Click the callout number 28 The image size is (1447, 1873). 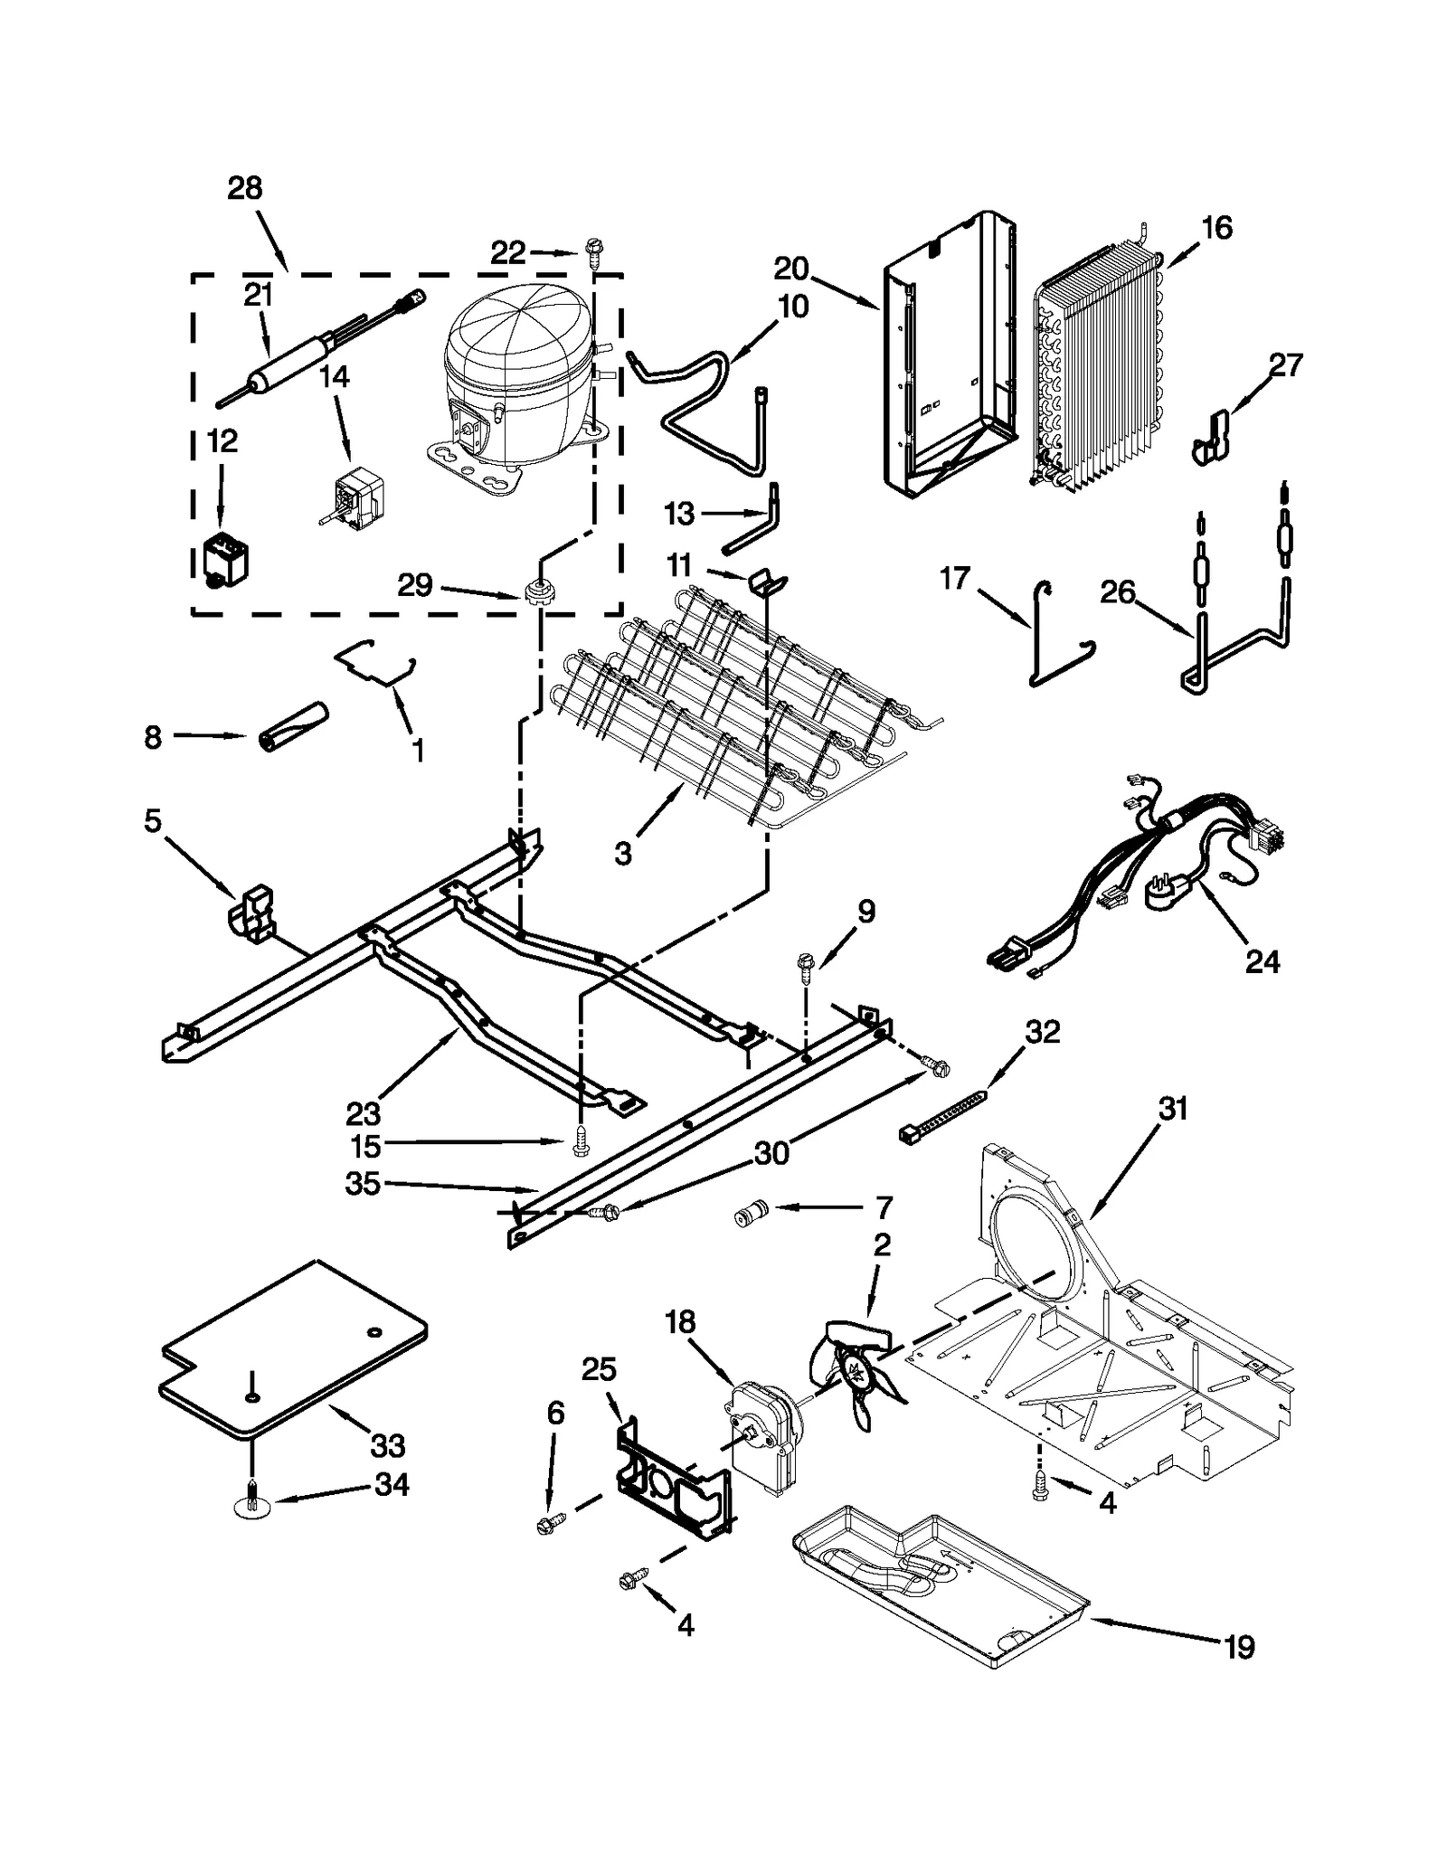tap(244, 188)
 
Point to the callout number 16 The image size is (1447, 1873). tap(1217, 228)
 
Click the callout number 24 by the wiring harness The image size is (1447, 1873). tap(1263, 962)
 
